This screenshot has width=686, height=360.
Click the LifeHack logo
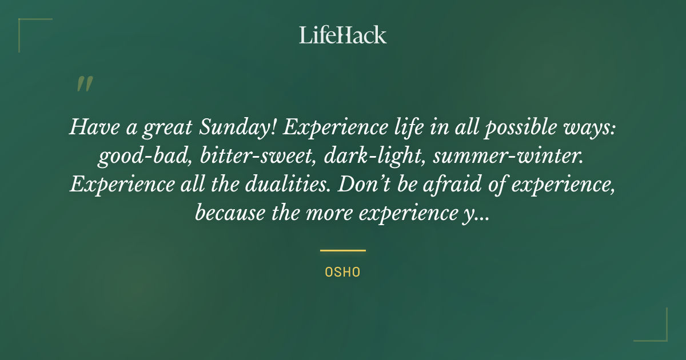(343, 35)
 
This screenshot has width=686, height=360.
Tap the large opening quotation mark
(84, 84)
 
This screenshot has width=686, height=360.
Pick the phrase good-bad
(145, 157)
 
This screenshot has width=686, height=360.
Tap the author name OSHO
(343, 273)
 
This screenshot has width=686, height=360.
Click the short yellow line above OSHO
(343, 250)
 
